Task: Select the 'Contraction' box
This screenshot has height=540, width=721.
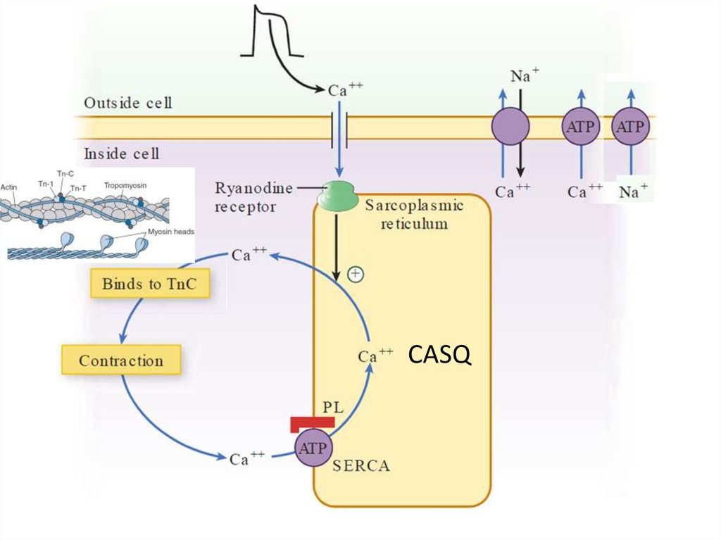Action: coord(121,360)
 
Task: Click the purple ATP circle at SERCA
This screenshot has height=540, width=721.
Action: coord(313,448)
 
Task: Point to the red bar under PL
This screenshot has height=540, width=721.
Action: coord(312,424)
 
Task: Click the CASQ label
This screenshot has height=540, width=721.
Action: coord(439,356)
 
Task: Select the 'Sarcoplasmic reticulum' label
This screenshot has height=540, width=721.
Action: coord(414,214)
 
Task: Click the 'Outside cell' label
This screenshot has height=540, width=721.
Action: coord(128,103)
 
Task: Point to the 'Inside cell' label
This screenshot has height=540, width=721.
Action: coord(122,153)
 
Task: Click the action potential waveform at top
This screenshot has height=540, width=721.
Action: coord(272,32)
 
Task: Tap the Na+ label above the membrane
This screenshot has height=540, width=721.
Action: coord(521,76)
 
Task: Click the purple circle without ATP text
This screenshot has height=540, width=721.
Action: coord(510,127)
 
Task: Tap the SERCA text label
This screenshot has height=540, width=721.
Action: coord(361,465)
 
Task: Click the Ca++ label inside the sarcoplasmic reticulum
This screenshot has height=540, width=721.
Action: coord(375,356)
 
